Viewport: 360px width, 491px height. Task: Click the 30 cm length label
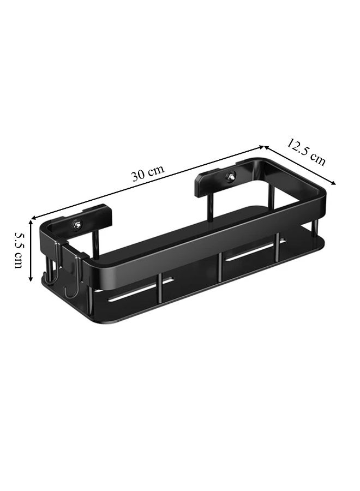[147, 172]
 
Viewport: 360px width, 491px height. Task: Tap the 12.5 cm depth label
[306, 152]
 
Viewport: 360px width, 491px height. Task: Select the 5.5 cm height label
[19, 250]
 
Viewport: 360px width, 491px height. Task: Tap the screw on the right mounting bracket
[232, 176]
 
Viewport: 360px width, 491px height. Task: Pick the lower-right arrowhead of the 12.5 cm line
[333, 183]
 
